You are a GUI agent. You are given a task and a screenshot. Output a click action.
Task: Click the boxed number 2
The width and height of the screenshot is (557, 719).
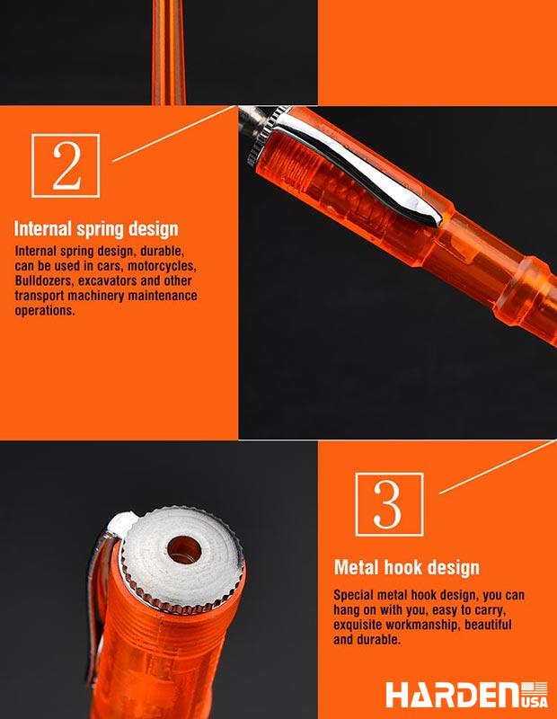tap(66, 165)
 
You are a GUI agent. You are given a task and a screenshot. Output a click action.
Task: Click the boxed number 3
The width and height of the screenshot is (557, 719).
tap(389, 504)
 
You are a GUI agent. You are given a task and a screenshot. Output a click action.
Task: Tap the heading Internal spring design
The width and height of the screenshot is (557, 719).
tap(96, 229)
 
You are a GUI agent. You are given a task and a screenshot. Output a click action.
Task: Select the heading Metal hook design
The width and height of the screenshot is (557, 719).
tap(407, 568)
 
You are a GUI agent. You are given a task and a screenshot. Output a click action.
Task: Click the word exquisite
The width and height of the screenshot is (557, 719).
tap(358, 625)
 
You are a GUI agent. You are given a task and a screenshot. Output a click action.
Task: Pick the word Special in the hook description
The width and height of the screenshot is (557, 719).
tap(353, 595)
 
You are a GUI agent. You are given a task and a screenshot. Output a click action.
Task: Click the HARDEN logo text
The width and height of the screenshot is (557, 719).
tap(453, 695)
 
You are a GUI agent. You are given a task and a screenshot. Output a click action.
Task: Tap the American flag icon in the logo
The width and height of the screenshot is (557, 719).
tap(535, 688)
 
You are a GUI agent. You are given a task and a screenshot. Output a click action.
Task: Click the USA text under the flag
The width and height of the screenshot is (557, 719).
tap(535, 703)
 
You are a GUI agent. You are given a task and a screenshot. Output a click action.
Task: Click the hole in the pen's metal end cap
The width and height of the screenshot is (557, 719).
tap(184, 550)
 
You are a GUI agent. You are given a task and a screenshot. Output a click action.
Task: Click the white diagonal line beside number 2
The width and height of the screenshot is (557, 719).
tap(174, 133)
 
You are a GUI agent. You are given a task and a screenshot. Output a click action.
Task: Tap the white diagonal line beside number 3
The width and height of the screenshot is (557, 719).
tap(498, 466)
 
